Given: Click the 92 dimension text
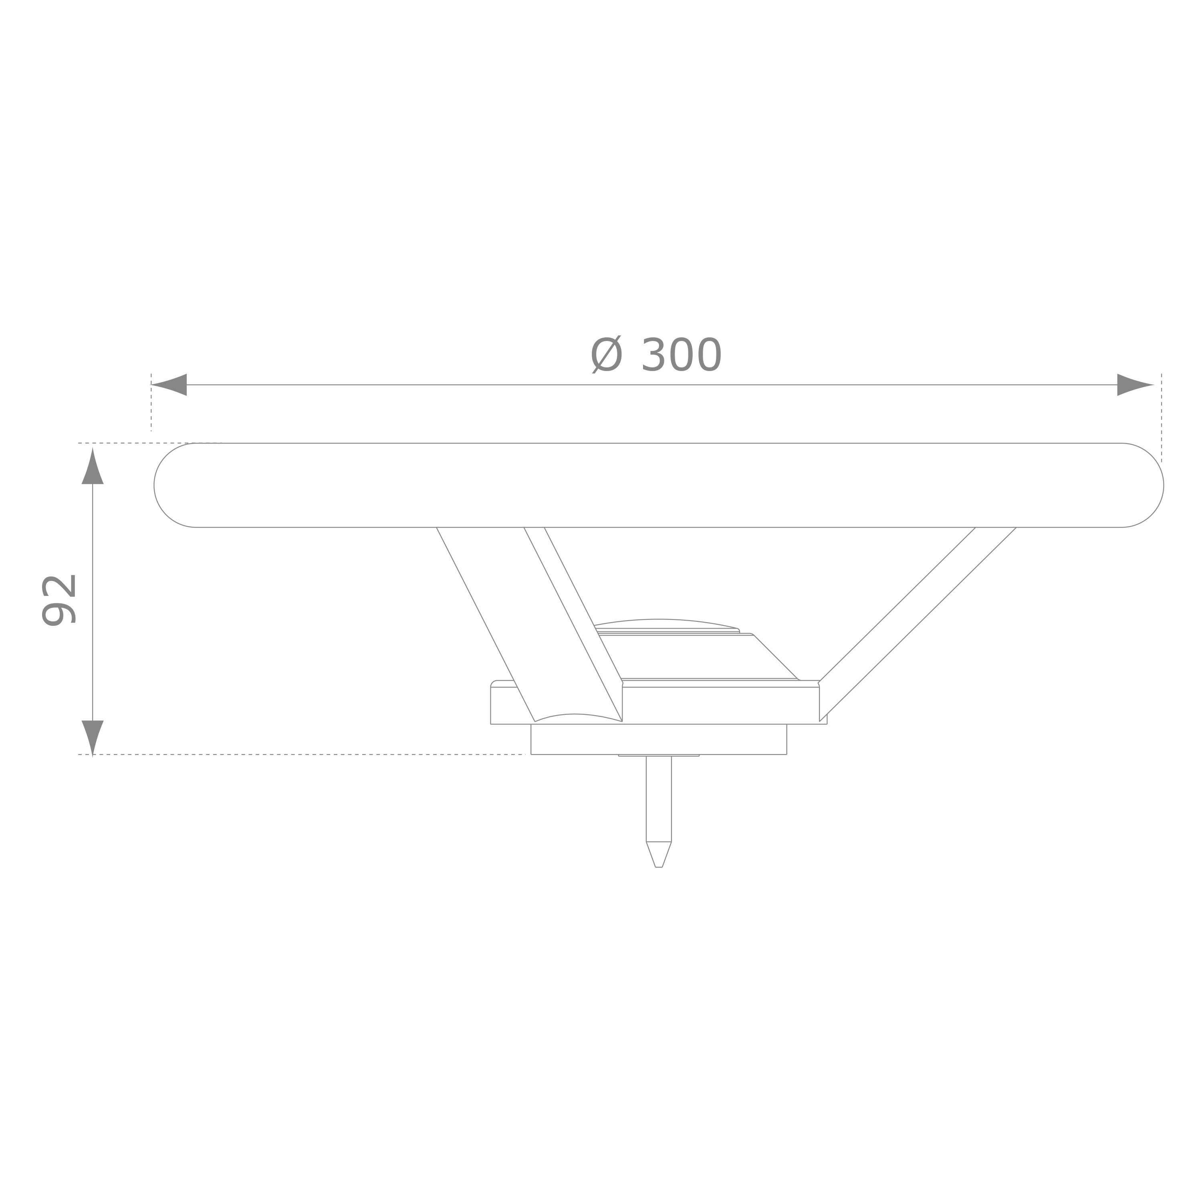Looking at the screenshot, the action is coord(58,600).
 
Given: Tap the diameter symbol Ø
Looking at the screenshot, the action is coord(606,355).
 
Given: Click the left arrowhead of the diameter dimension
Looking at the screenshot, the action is coord(169,385).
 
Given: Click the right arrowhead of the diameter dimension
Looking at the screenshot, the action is coord(1135,385).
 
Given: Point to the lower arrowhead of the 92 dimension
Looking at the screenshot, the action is coord(93,738).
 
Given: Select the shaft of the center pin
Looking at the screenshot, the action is coord(659,799).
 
